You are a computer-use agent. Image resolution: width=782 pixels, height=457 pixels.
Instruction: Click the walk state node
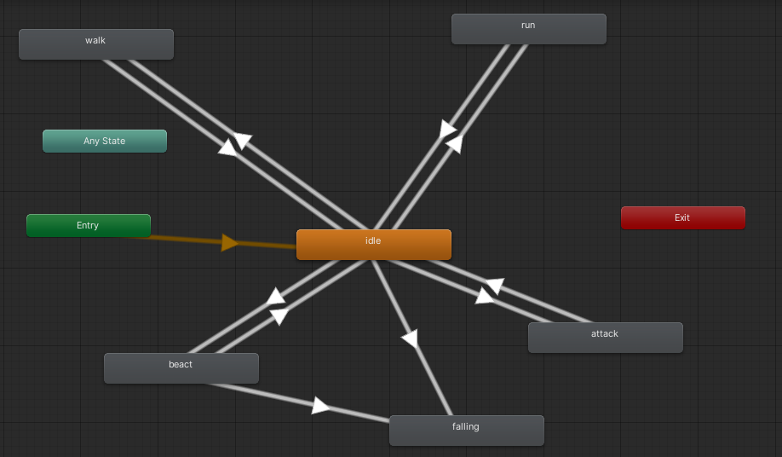click(95, 44)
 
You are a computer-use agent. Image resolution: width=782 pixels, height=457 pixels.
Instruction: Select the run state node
click(528, 29)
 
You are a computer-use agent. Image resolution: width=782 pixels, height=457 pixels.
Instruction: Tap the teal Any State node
click(104, 142)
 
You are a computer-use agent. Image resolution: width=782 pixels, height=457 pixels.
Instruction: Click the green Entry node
click(88, 226)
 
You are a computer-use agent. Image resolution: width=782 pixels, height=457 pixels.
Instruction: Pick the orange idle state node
click(373, 245)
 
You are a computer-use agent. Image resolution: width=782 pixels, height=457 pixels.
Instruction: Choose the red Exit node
click(682, 218)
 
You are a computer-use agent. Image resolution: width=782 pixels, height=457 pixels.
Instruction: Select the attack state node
click(605, 338)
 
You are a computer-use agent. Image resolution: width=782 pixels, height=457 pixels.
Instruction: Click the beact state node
click(181, 368)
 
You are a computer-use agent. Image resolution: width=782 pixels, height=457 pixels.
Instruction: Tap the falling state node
click(466, 431)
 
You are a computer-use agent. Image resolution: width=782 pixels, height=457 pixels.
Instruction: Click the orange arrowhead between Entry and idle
click(229, 243)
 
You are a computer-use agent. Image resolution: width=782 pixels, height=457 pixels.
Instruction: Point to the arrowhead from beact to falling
click(320, 406)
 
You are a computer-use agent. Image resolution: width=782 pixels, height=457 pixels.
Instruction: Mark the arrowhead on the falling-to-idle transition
click(411, 338)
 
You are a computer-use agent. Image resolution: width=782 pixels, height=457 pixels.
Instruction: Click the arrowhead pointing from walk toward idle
click(227, 148)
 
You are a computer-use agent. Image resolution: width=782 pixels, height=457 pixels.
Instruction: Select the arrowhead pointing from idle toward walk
click(243, 141)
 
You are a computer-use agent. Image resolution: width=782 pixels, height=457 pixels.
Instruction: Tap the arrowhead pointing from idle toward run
click(448, 130)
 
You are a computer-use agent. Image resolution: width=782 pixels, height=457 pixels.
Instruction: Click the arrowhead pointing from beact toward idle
click(275, 297)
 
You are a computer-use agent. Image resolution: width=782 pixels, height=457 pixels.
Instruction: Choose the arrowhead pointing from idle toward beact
click(279, 316)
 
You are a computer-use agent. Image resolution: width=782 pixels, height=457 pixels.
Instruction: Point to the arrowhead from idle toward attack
click(484, 296)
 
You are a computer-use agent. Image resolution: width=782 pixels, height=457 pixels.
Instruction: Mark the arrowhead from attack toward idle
click(494, 286)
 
